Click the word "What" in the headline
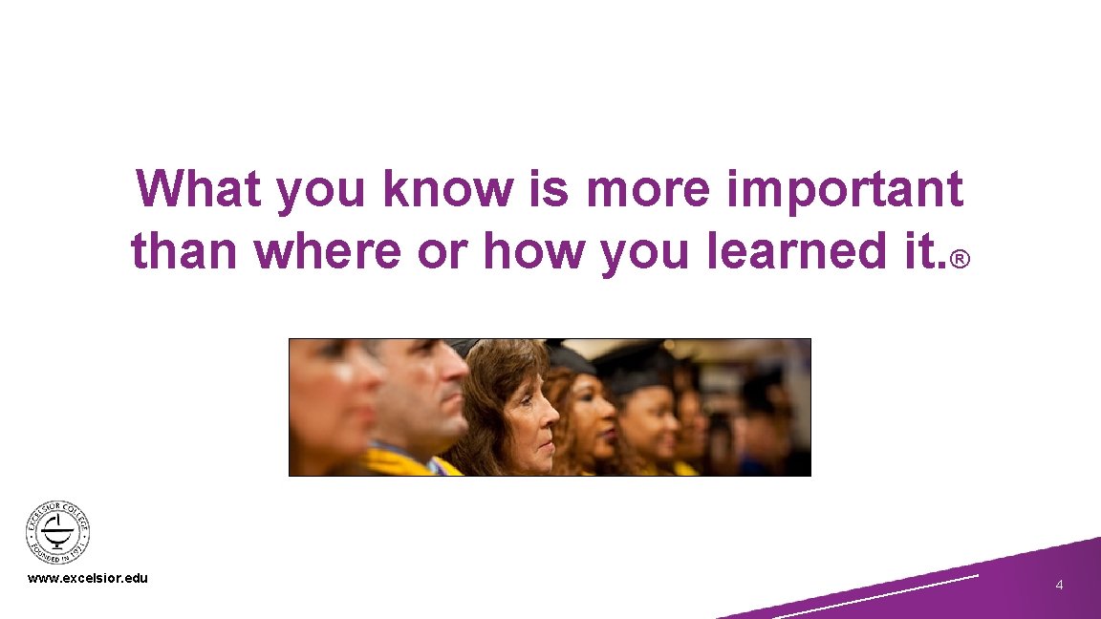pyautogui.click(x=199, y=188)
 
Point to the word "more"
pyautogui.click(x=648, y=188)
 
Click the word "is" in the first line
pyautogui.click(x=549, y=188)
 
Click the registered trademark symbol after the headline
pyautogui.click(x=960, y=259)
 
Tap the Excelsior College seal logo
pyautogui.click(x=57, y=534)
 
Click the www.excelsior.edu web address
pyautogui.click(x=88, y=578)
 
